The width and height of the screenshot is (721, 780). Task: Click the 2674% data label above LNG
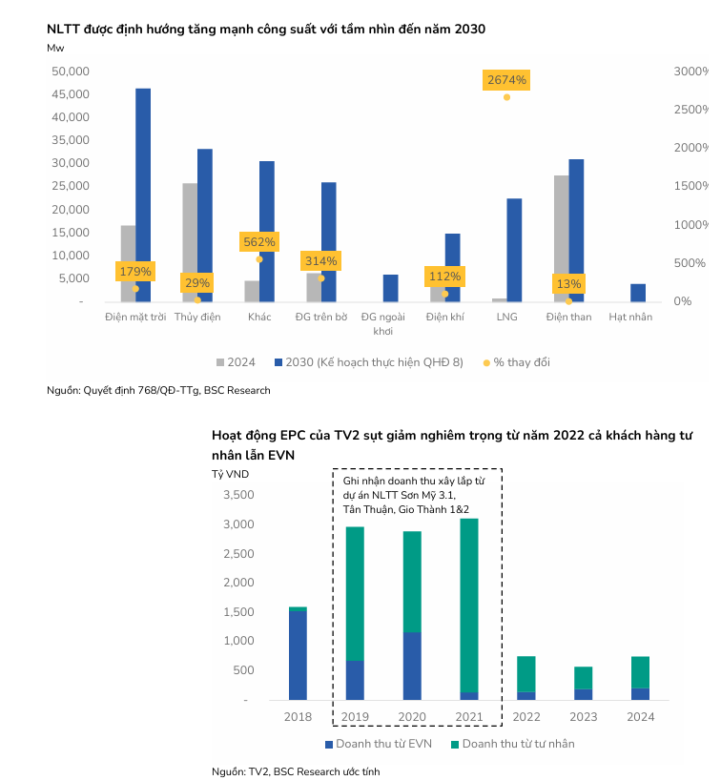pos(506,80)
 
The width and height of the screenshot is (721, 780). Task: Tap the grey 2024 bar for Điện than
pos(561,238)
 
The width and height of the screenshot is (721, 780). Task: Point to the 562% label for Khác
pos(258,242)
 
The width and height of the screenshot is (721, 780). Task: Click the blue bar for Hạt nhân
pos(638,293)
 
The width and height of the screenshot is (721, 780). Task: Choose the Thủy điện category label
pos(196,317)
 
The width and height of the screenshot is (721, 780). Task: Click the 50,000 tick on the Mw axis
pos(70,72)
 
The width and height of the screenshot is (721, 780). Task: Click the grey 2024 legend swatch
pos(220,362)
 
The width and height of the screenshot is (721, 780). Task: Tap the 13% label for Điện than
pos(568,284)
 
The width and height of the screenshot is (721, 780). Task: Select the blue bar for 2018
pos(298,655)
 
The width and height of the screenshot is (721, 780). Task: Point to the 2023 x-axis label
pos(583,716)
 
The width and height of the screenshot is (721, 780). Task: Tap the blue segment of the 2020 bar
pos(412,666)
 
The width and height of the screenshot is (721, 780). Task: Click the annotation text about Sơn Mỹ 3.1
pos(413,497)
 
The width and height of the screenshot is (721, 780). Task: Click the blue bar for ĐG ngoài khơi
pos(390,288)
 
